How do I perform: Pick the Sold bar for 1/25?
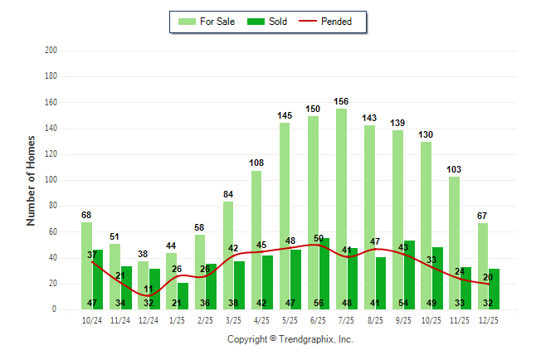click(183, 296)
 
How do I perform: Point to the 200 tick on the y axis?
click(51, 51)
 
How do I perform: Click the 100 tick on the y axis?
click(51, 180)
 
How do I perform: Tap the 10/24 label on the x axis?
click(92, 319)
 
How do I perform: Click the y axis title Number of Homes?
click(32, 180)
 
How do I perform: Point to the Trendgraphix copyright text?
click(290, 339)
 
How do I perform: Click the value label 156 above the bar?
click(341, 102)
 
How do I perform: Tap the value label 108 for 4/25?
click(256, 163)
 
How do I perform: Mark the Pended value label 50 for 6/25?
click(319, 239)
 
